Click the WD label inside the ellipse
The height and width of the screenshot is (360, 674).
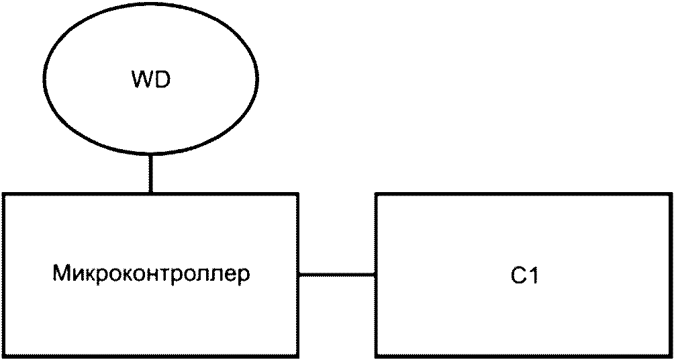tap(151, 81)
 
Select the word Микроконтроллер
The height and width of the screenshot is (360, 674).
tap(151, 275)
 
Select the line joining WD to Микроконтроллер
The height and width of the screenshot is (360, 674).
tap(150, 173)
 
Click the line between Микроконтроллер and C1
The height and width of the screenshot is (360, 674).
tap(336, 274)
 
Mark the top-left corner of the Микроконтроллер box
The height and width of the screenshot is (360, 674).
tap(3, 194)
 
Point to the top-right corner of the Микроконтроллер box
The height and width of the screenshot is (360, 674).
tap(298, 194)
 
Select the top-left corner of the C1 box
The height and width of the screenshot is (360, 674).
tap(376, 194)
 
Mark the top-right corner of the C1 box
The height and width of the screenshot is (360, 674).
tap(671, 194)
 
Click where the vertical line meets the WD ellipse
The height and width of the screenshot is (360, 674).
tap(150, 154)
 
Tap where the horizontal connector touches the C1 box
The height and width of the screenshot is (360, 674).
tap(375, 274)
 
